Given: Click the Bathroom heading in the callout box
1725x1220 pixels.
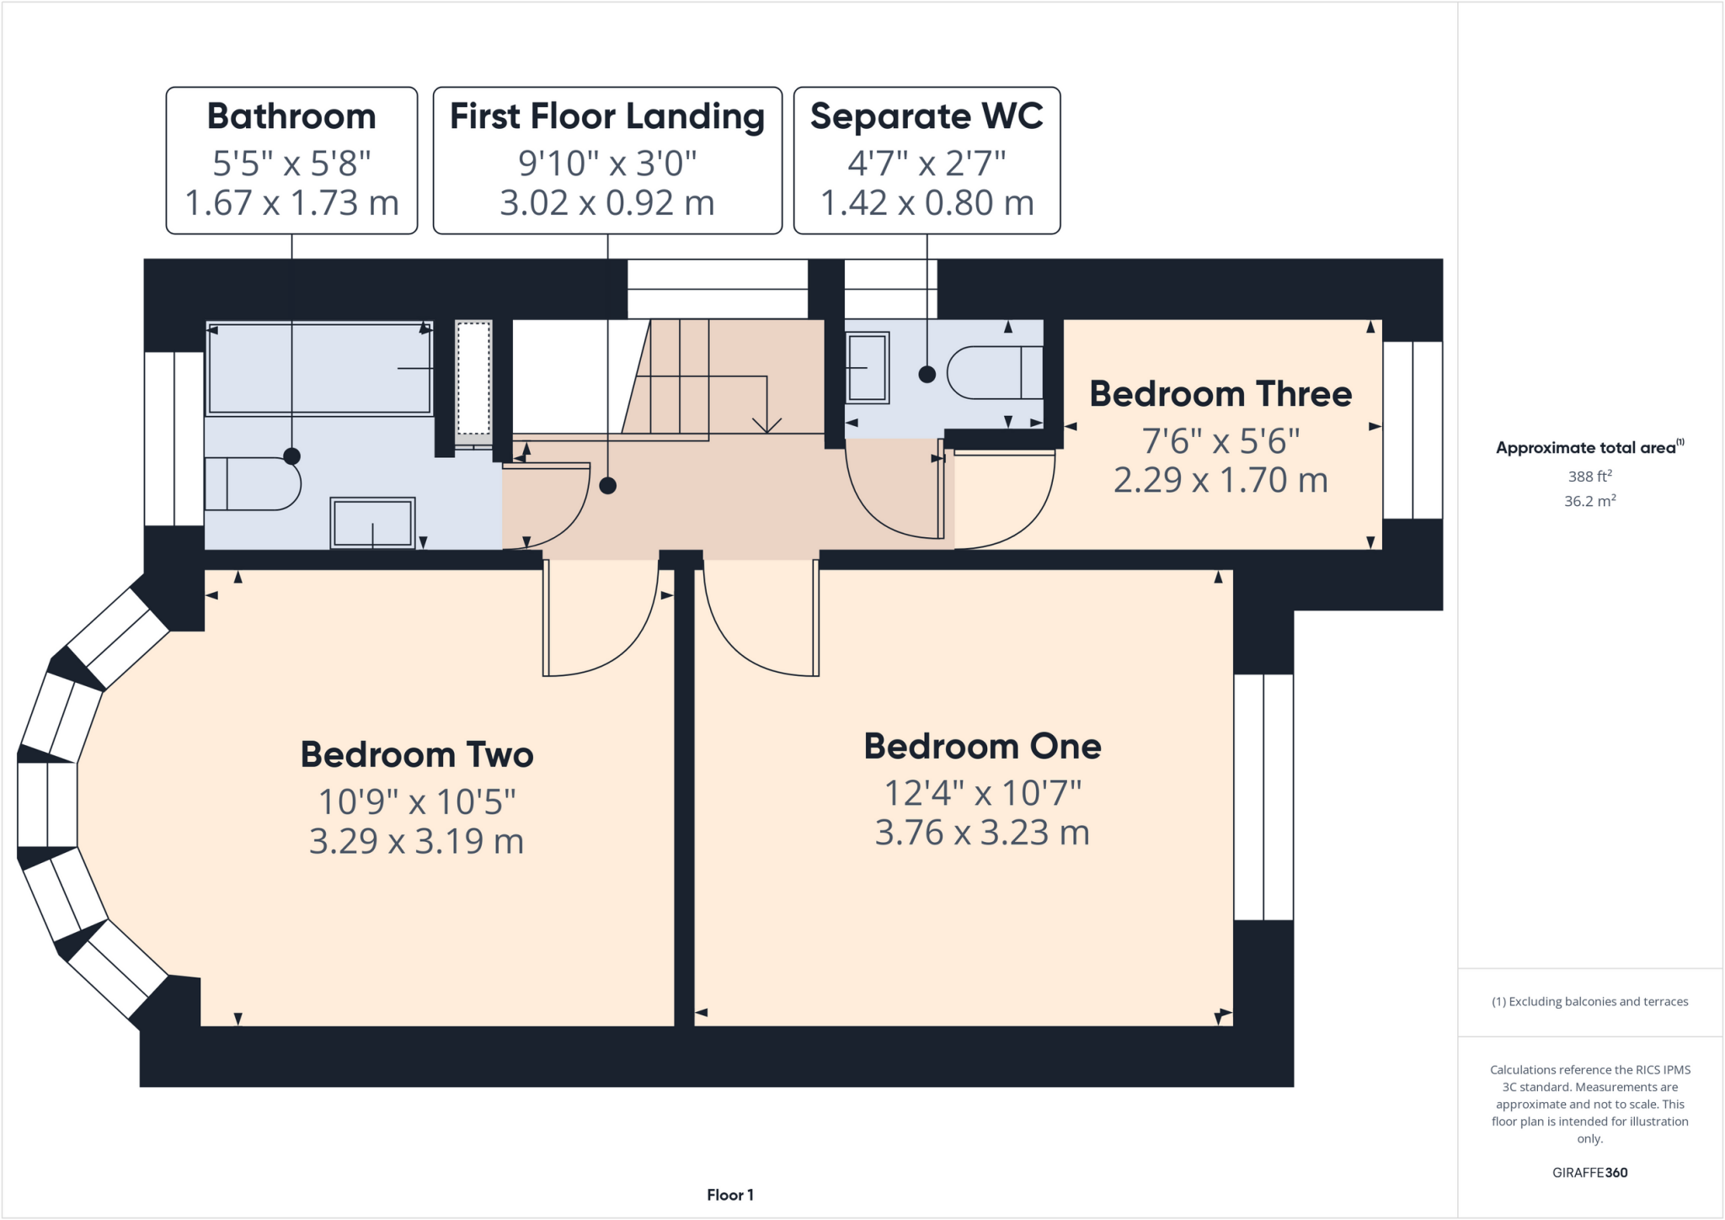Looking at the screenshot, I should (291, 116).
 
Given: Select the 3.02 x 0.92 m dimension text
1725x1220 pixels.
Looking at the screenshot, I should (606, 203).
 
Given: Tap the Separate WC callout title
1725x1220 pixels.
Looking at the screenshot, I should (927, 116).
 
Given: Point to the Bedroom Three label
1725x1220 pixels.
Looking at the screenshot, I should (1220, 394).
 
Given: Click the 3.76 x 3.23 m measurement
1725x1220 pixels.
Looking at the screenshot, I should (982, 833).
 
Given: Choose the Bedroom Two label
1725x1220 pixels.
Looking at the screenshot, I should (417, 754).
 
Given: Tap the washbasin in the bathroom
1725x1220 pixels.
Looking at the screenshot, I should (372, 523).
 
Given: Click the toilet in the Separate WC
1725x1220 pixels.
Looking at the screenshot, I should (994, 372).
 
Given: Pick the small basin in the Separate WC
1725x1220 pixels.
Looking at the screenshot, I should (867, 368).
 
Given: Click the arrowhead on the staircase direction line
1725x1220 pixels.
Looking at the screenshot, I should (766, 426).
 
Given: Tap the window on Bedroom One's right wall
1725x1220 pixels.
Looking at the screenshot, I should (1263, 796).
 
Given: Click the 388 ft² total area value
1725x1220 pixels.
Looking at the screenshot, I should (1589, 477).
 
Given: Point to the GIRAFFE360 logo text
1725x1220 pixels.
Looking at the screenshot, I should (1589, 1172).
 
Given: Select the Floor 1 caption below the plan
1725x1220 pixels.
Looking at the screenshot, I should (729, 1195).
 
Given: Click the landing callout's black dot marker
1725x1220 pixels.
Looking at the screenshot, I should (607, 486).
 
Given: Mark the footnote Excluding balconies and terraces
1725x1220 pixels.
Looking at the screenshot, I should (1589, 1002).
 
